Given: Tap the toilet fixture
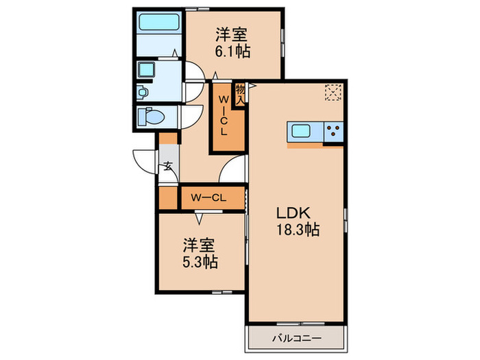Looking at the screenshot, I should click(150, 117).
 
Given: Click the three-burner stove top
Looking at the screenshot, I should click(333, 132).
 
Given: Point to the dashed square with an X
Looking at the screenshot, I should click(333, 93).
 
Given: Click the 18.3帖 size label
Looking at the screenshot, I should click(297, 230).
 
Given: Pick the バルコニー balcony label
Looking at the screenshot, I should click(295, 337).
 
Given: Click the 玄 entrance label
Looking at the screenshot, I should click(167, 165).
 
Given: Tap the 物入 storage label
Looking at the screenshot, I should click(240, 93).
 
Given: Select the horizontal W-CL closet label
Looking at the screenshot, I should click(208, 198).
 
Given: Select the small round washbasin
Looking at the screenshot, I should click(143, 92).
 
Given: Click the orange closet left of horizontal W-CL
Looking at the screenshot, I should click(168, 198).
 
